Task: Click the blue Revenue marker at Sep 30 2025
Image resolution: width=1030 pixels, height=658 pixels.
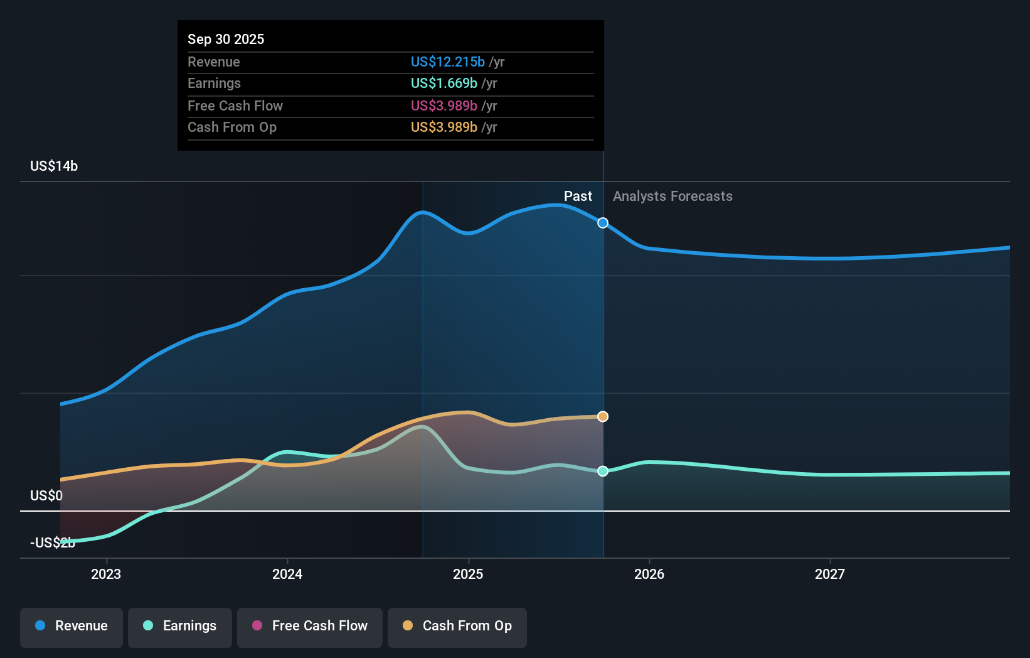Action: point(603,223)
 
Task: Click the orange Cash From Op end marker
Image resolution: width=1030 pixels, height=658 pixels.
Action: point(603,417)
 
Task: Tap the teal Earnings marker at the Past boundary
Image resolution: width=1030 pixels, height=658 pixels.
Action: point(603,471)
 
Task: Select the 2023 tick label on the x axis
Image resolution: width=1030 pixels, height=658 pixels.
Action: point(106,574)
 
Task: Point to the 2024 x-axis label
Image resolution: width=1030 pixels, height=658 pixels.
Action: point(287,574)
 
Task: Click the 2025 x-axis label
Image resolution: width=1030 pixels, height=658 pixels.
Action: point(468,574)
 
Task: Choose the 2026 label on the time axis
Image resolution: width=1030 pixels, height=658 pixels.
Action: point(649,574)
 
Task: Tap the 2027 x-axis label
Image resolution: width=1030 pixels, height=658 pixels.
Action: point(830,574)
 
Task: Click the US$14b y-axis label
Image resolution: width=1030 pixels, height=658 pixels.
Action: point(54,166)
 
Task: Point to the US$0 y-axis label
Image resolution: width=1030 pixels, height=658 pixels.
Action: point(46,496)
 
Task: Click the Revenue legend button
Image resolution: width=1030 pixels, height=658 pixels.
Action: point(72,626)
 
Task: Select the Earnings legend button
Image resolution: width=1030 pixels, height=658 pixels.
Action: point(180,626)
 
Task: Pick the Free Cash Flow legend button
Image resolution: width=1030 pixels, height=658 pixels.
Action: point(310,626)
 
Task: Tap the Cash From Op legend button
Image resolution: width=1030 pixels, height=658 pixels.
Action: point(457,626)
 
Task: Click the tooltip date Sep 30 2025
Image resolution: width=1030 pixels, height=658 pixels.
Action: point(226,40)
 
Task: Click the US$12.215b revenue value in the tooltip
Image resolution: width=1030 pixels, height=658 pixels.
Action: point(447,62)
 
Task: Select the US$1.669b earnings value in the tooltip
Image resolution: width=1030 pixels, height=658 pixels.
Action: point(443,84)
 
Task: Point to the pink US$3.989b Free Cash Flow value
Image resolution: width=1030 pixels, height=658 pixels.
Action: point(443,106)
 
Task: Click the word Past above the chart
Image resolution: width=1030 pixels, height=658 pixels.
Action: point(578,197)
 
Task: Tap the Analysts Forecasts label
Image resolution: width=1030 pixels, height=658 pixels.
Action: point(672,197)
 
